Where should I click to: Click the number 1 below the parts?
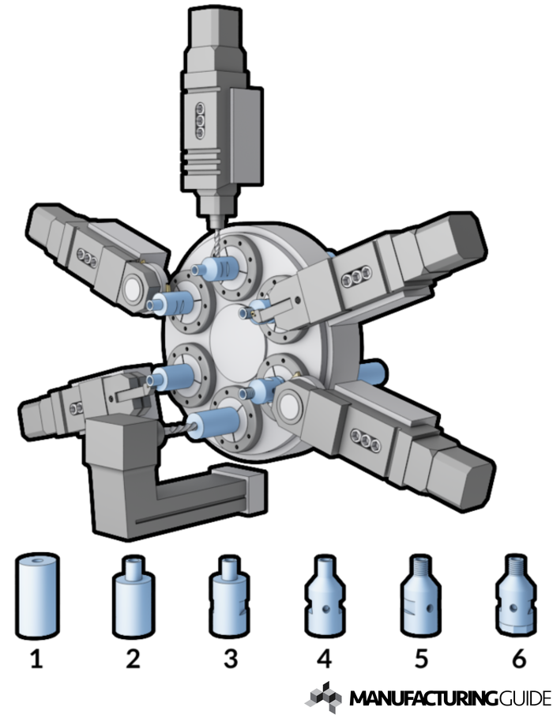pyautogui.click(x=37, y=659)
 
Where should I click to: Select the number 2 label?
pyautogui.click(x=133, y=659)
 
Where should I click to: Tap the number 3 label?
pyautogui.click(x=231, y=659)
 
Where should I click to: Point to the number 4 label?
pyautogui.click(x=324, y=659)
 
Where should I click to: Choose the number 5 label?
pyautogui.click(x=421, y=659)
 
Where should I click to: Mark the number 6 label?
pyautogui.click(x=518, y=659)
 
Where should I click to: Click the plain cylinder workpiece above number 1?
pyautogui.click(x=37, y=596)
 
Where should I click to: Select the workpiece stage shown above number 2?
pyautogui.click(x=133, y=596)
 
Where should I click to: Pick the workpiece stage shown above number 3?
pyautogui.click(x=229, y=596)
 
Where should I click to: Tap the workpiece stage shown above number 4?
pyautogui.click(x=325, y=596)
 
